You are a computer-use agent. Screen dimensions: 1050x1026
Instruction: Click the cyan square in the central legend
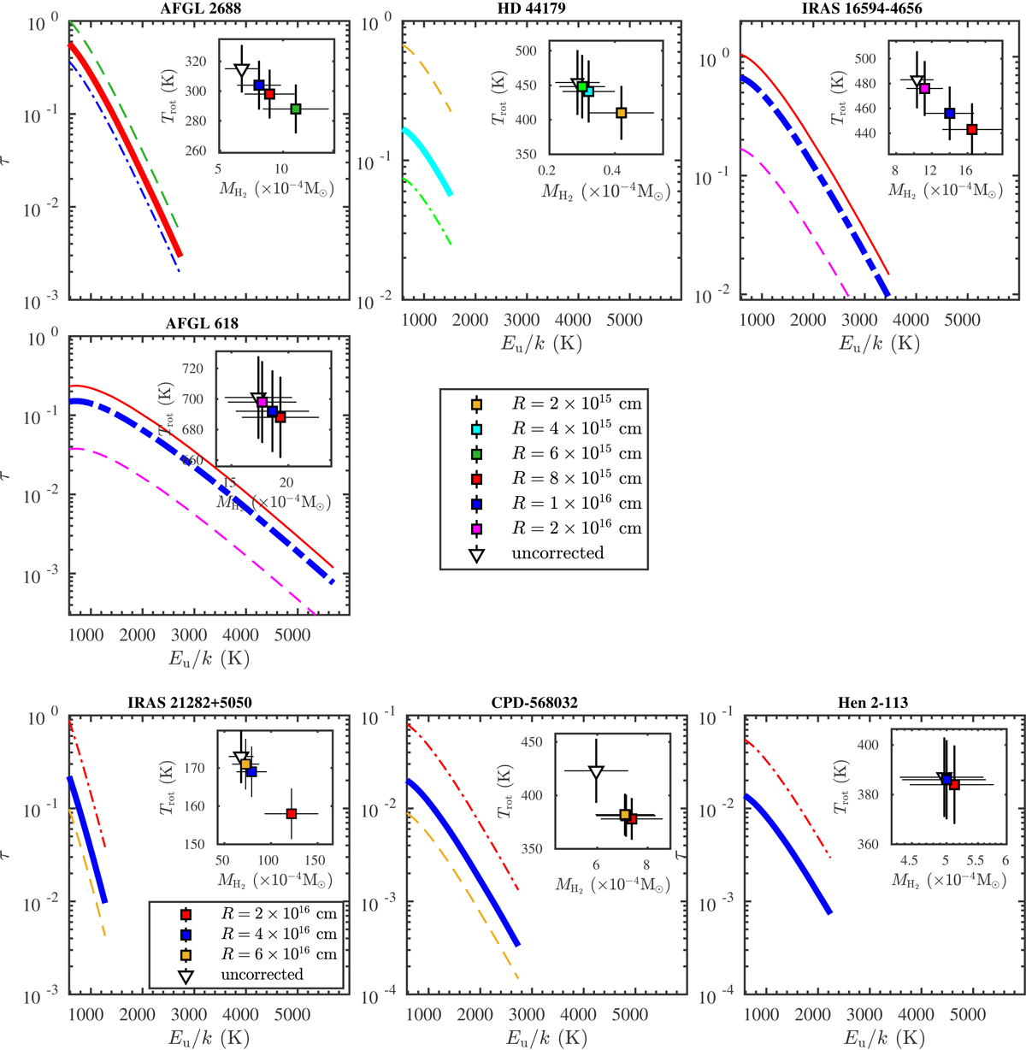tap(477, 428)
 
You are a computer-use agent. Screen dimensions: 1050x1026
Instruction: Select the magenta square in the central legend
tap(477, 528)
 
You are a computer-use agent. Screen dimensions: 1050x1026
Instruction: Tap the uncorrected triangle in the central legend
tap(477, 554)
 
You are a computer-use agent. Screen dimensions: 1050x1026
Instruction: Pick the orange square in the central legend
tap(477, 404)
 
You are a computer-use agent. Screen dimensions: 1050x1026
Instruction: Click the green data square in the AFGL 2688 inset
tap(296, 109)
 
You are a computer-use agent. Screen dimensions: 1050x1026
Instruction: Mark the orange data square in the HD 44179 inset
tap(622, 113)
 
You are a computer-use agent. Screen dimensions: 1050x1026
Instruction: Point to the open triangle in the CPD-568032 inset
tap(597, 771)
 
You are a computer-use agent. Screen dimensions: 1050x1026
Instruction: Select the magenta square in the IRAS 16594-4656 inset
tap(924, 88)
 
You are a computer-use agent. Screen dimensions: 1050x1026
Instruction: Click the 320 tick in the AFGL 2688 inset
tap(194, 61)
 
